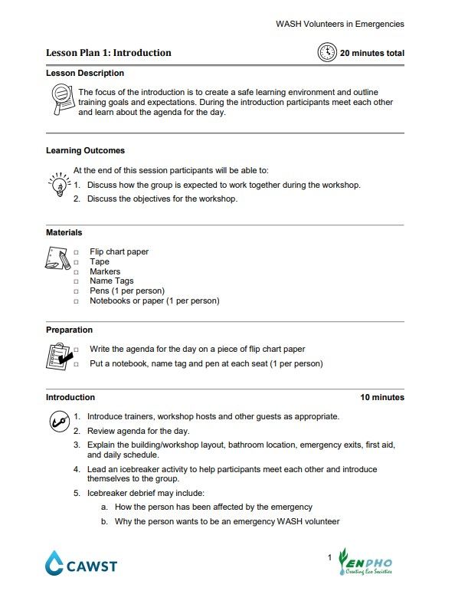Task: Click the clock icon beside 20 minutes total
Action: click(x=326, y=52)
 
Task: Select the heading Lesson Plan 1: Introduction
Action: click(x=109, y=53)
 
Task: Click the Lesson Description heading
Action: click(x=85, y=74)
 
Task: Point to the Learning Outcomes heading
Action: click(x=85, y=151)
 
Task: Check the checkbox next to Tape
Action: click(x=76, y=262)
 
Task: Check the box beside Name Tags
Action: click(x=76, y=281)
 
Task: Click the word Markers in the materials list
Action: click(x=105, y=271)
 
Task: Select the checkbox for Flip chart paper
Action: click(x=76, y=252)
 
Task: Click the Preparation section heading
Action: click(x=69, y=330)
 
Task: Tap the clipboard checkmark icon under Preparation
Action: click(x=59, y=356)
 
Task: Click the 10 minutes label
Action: click(x=382, y=397)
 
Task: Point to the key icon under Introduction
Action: click(x=58, y=421)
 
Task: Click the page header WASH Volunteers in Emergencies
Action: click(x=339, y=24)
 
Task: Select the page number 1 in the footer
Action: click(x=329, y=556)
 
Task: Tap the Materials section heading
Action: click(x=64, y=232)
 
